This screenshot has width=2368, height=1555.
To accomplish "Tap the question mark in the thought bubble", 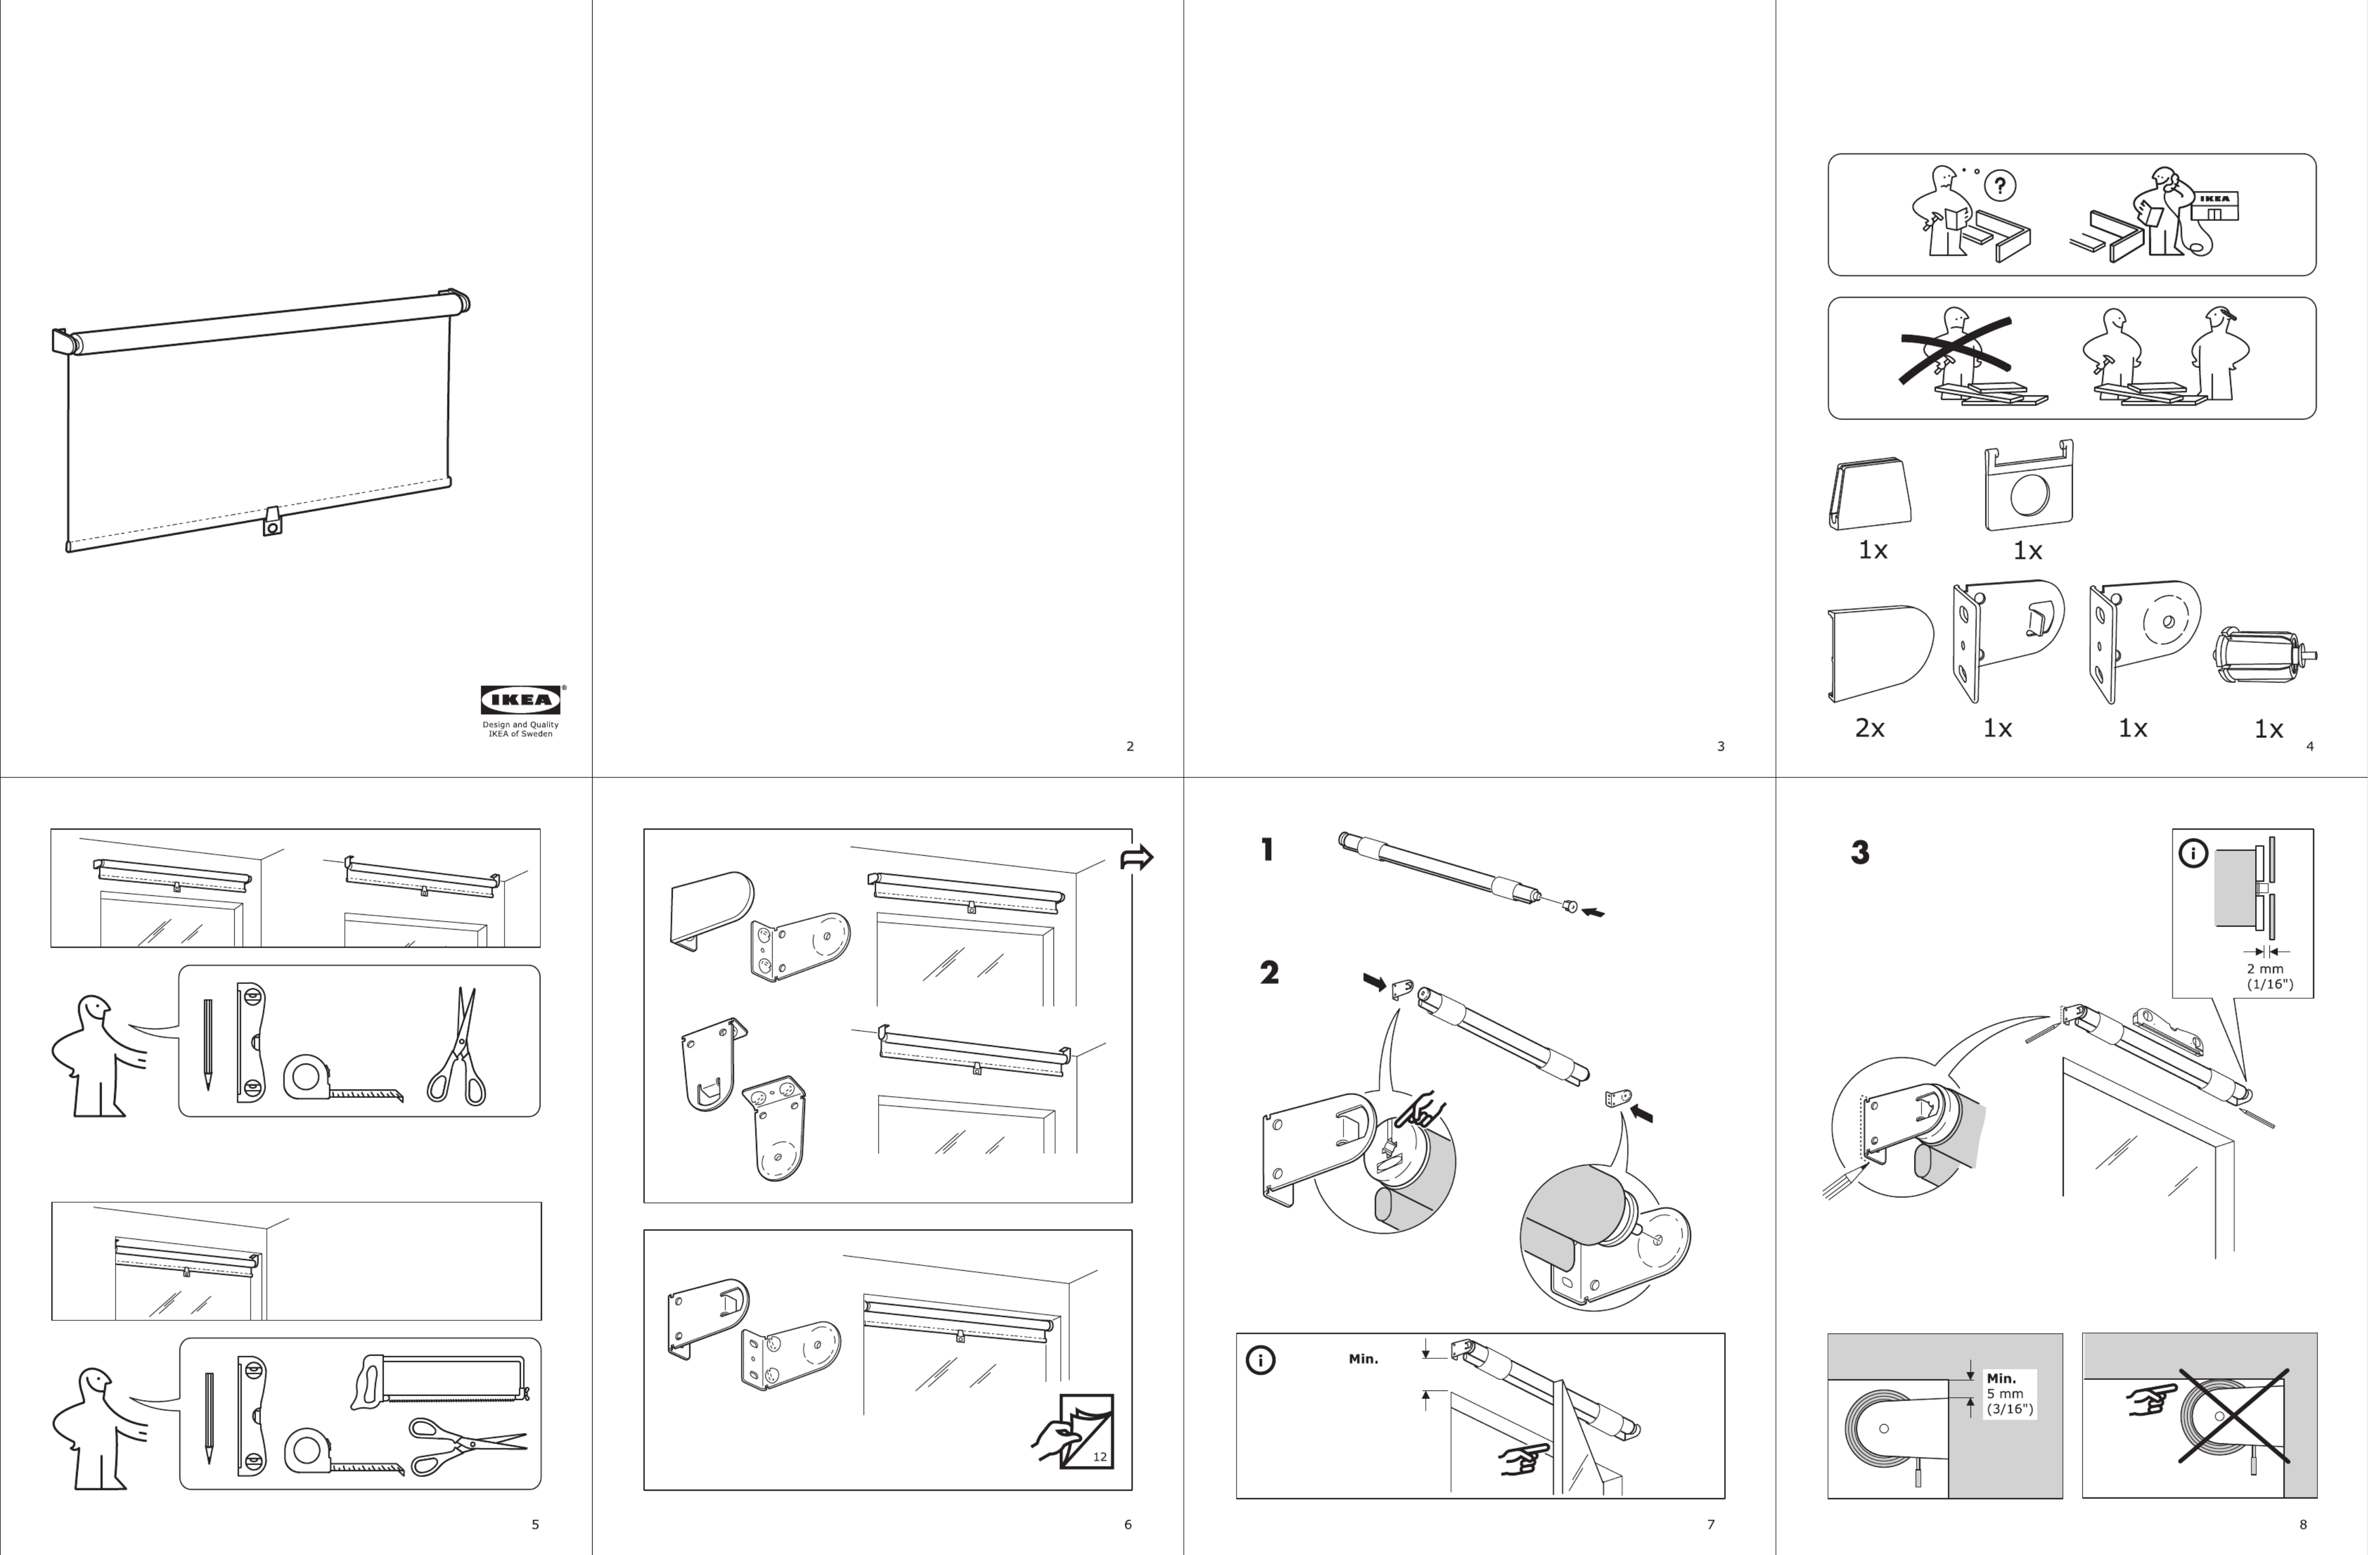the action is [x=2000, y=185].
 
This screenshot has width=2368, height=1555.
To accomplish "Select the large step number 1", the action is [x=1267, y=849].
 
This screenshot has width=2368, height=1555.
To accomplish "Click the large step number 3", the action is [x=1860, y=853].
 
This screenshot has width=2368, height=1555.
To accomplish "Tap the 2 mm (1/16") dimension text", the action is [x=2269, y=976].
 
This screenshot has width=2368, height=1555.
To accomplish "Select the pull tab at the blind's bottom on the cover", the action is [x=272, y=521].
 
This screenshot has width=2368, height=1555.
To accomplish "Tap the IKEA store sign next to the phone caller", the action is [x=2215, y=206].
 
